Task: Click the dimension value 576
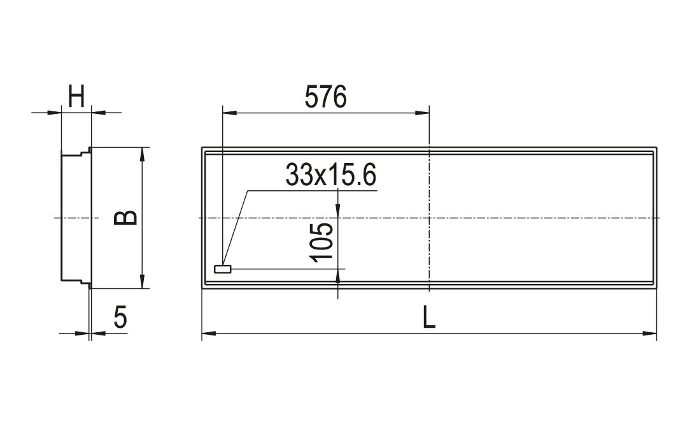point(326,97)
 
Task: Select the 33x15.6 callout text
point(331,174)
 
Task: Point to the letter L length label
point(428,317)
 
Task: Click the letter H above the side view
point(76,97)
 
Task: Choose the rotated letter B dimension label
point(125,218)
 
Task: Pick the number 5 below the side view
point(120,317)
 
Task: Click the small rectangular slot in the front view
point(222,269)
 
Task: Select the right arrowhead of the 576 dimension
point(421,113)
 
